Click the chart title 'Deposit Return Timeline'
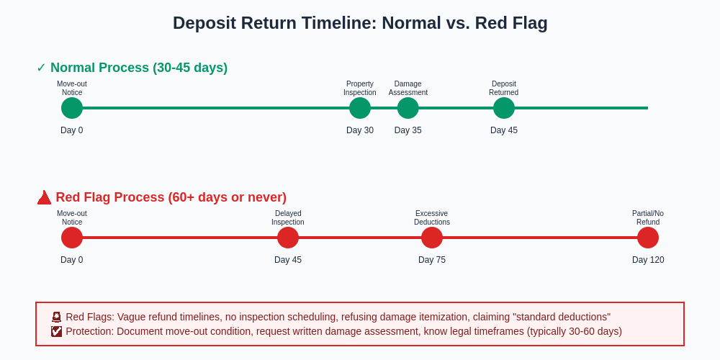pos(360,23)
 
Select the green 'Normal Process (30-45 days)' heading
pos(138,68)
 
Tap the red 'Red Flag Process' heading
pos(171,197)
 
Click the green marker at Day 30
pos(360,108)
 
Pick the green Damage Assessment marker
pos(408,108)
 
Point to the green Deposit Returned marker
pos(504,108)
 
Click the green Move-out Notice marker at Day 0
pos(72,108)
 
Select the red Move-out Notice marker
pos(72,238)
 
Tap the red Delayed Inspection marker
pos(288,238)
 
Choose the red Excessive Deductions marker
pos(432,238)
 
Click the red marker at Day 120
pos(648,238)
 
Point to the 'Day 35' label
pos(408,130)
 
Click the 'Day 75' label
pos(432,260)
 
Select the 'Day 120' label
pos(648,260)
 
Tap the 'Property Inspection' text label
pos(360,88)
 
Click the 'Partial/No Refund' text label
pos(648,217)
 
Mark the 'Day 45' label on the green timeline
pos(504,130)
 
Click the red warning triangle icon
pos(44,197)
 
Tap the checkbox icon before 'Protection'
pos(56,331)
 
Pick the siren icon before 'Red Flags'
pos(56,317)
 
